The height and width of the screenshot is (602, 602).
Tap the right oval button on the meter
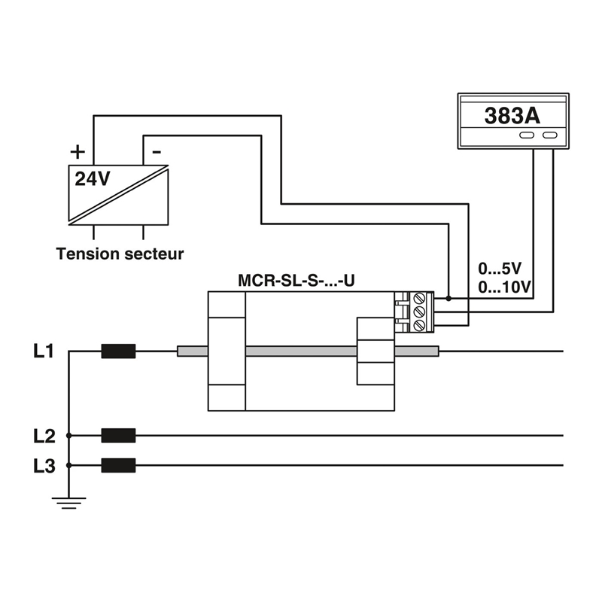[x=550, y=135]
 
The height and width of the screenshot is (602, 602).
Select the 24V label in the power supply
[x=92, y=178]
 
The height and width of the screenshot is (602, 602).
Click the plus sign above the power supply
[x=78, y=150]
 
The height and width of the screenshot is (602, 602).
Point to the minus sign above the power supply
[x=156, y=150]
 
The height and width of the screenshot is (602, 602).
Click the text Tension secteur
[x=120, y=254]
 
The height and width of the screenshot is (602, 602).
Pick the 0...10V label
[x=504, y=287]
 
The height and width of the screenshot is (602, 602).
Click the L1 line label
[x=44, y=351]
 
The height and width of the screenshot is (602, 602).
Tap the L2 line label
[x=44, y=435]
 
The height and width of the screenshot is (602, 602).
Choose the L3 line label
[x=44, y=466]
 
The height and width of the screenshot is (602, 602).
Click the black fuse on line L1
[x=118, y=351]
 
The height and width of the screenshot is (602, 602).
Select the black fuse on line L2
[x=118, y=435]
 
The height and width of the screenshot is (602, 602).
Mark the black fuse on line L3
[x=118, y=465]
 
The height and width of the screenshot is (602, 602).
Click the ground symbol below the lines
[x=68, y=502]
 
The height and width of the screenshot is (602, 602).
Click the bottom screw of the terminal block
[x=420, y=324]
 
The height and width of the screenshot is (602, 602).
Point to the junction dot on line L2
[x=68, y=435]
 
